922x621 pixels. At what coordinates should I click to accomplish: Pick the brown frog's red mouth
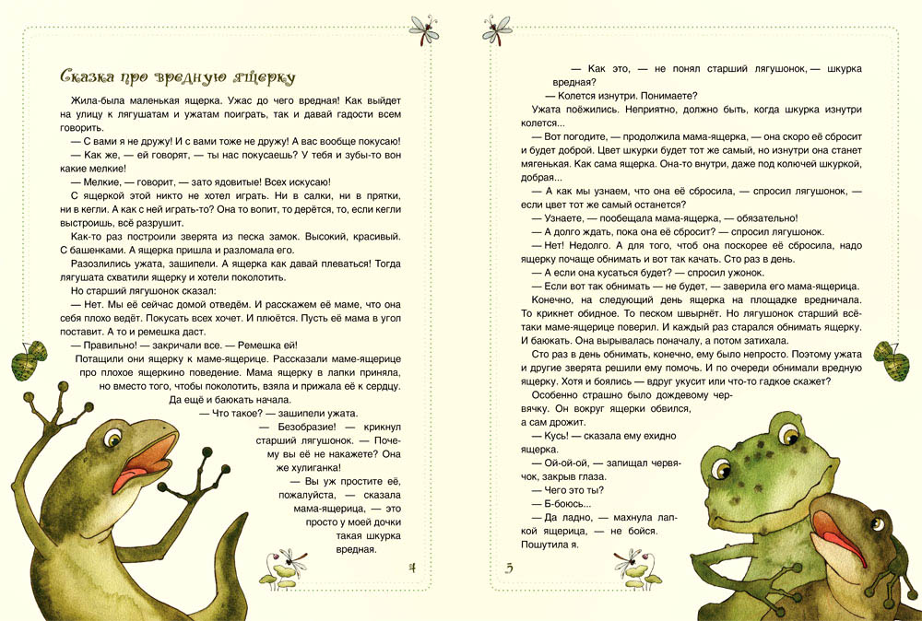tap(844, 538)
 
